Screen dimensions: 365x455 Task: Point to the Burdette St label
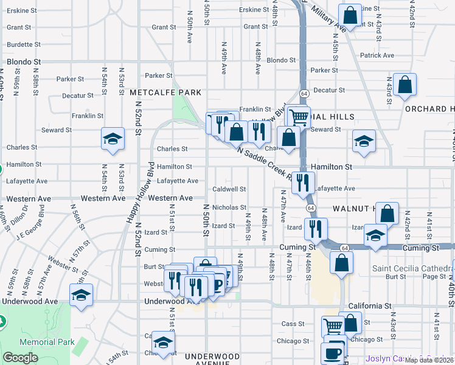[24, 44]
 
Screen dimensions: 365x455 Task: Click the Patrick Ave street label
[377, 55]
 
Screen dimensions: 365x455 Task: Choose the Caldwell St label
[229, 189]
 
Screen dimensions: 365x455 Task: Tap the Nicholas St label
[229, 207]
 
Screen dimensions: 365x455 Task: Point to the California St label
[369, 305]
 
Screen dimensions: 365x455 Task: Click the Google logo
[20, 358]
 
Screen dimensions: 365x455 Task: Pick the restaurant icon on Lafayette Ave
[303, 182]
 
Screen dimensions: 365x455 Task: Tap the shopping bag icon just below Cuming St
[342, 263]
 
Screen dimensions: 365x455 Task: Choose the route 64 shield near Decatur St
[303, 94]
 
